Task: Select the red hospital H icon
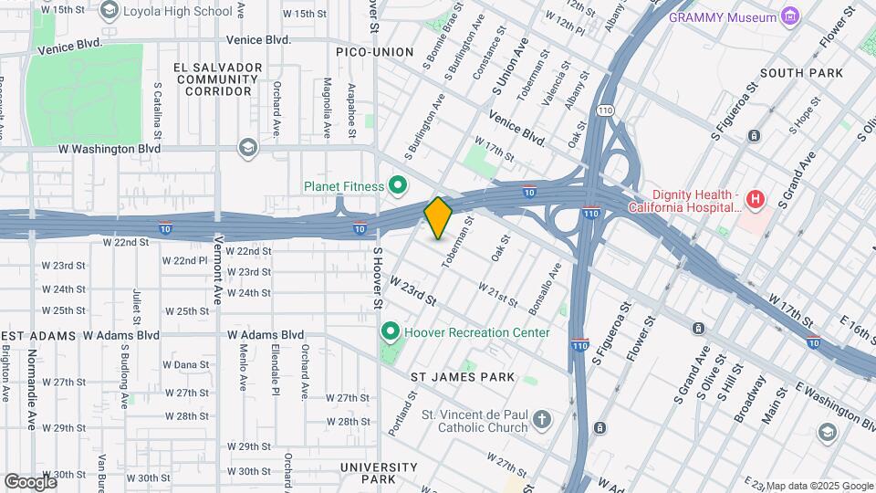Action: click(x=755, y=199)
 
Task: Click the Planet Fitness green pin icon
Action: click(x=398, y=186)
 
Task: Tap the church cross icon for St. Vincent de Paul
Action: click(x=542, y=420)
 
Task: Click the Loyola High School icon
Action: click(x=110, y=11)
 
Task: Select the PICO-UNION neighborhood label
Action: click(x=374, y=52)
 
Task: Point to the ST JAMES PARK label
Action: click(x=462, y=377)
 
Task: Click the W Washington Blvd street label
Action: click(x=109, y=148)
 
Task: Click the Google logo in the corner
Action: click(x=30, y=481)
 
